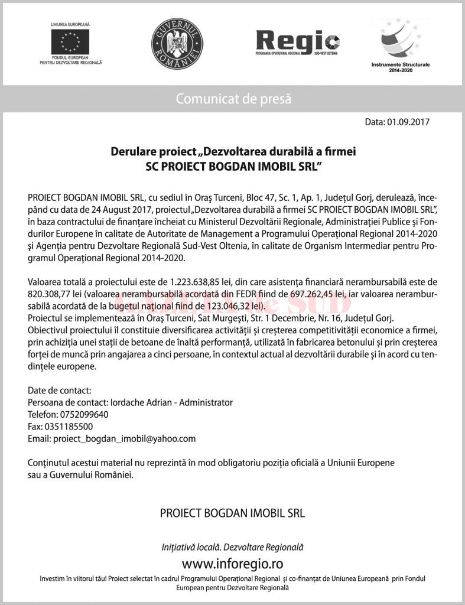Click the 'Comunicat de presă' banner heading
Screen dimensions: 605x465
pyautogui.click(x=233, y=99)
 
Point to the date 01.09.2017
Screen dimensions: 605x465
pyautogui.click(x=408, y=123)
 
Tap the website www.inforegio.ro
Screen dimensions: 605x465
pyautogui.click(x=232, y=562)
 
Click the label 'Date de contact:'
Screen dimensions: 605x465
pyautogui.click(x=60, y=390)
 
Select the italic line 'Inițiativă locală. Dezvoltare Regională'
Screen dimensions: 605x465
pyautogui.click(x=232, y=547)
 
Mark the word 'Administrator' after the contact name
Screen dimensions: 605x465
pyautogui.click(x=206, y=402)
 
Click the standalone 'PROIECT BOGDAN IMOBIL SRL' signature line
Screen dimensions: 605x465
pyautogui.click(x=232, y=513)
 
